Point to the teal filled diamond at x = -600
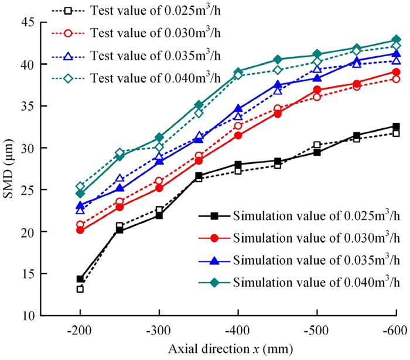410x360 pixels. [396, 40]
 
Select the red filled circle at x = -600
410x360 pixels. [396, 72]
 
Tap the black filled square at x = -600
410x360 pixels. [396, 126]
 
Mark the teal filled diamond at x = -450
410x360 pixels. [278, 59]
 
